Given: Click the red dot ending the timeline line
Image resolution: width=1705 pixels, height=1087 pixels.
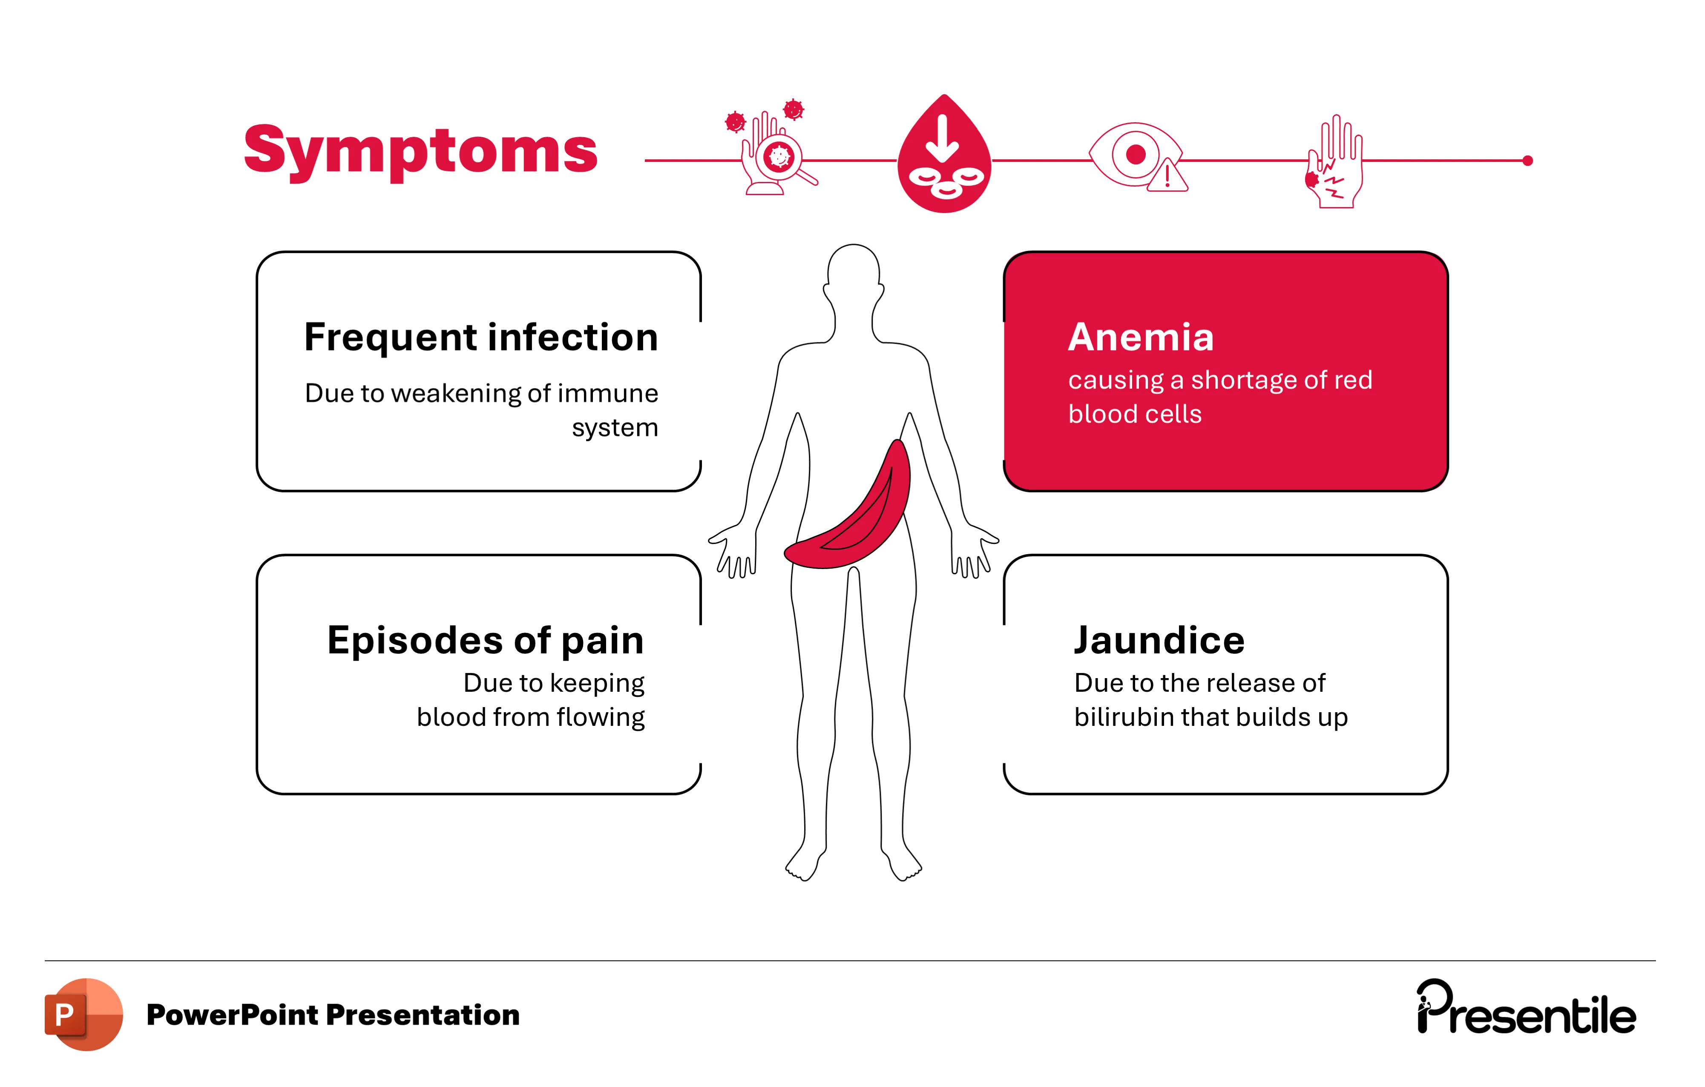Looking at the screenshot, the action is pyautogui.click(x=1527, y=161).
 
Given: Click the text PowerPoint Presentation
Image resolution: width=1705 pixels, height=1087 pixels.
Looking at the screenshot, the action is pyautogui.click(x=333, y=1015).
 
